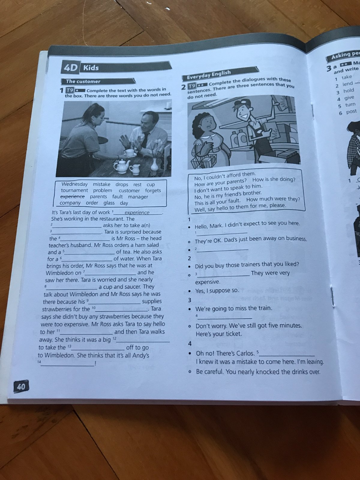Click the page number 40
pyautogui.click(x=21, y=387)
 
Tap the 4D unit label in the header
pyautogui.click(x=70, y=67)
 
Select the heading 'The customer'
pyautogui.click(x=83, y=81)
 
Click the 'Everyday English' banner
pyautogui.click(x=209, y=75)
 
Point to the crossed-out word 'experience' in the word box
pyautogui.click(x=72, y=196)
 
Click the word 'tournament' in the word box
pyautogui.click(x=74, y=190)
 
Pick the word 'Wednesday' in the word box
pyautogui.click(x=74, y=184)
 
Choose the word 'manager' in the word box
pyautogui.click(x=138, y=197)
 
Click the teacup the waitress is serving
pyautogui.click(x=130, y=153)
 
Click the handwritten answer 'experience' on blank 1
pyautogui.click(x=137, y=213)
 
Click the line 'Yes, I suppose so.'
pyautogui.click(x=217, y=291)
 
